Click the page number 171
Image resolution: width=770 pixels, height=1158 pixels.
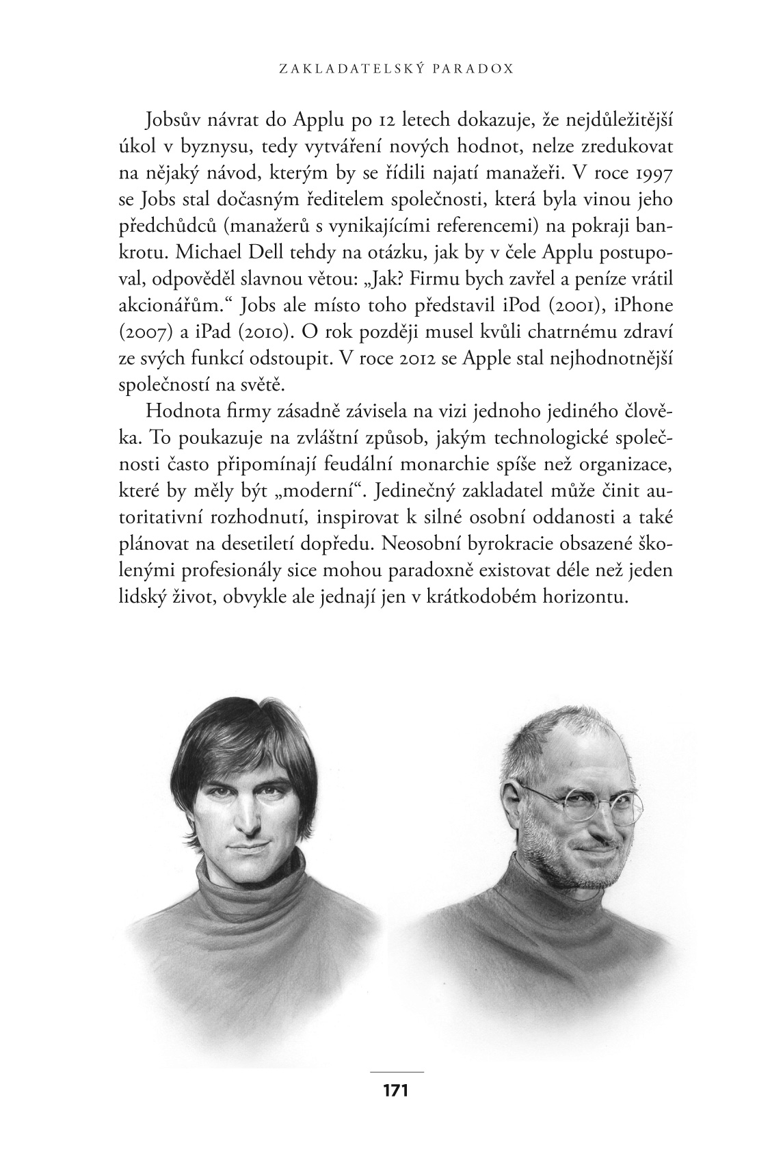(396, 1090)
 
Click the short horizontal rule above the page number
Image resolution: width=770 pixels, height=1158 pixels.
(396, 1071)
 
